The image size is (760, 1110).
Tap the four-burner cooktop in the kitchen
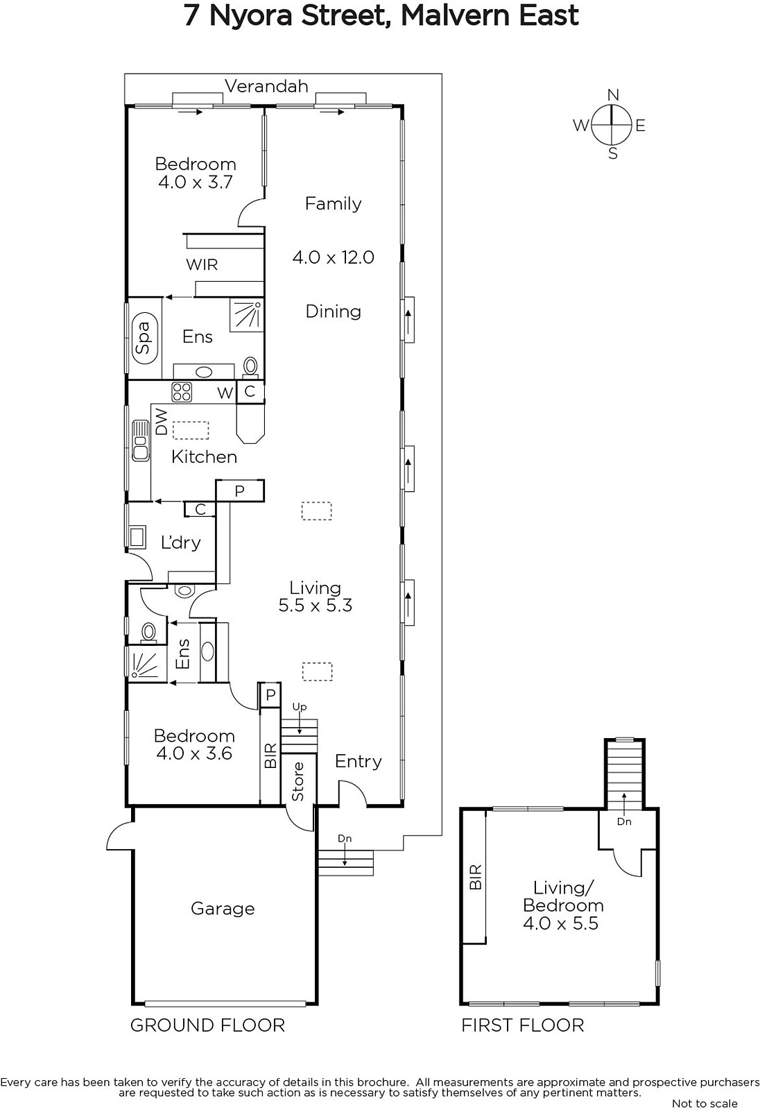click(x=182, y=392)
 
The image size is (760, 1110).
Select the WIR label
click(x=202, y=264)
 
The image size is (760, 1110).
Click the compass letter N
click(x=614, y=94)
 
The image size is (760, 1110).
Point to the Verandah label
click(x=266, y=86)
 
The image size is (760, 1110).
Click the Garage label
click(x=223, y=908)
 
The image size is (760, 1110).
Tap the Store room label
click(x=297, y=781)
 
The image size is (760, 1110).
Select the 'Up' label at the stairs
click(x=300, y=707)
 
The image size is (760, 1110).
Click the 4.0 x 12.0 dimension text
click(x=333, y=257)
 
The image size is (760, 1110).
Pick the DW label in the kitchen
click(x=162, y=422)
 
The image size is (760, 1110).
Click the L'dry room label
click(x=181, y=543)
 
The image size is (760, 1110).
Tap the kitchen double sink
click(x=141, y=441)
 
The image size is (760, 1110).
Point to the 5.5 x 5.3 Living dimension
click(x=315, y=605)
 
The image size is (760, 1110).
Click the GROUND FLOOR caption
click(x=207, y=1025)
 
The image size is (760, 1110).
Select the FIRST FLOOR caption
click(x=523, y=1025)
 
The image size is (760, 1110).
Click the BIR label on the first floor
click(x=474, y=877)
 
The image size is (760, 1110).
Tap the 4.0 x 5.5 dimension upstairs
click(x=560, y=923)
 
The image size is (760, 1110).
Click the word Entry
click(x=359, y=761)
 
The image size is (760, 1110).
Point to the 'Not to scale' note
click(x=705, y=1103)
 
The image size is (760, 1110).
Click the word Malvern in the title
click(x=455, y=16)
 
